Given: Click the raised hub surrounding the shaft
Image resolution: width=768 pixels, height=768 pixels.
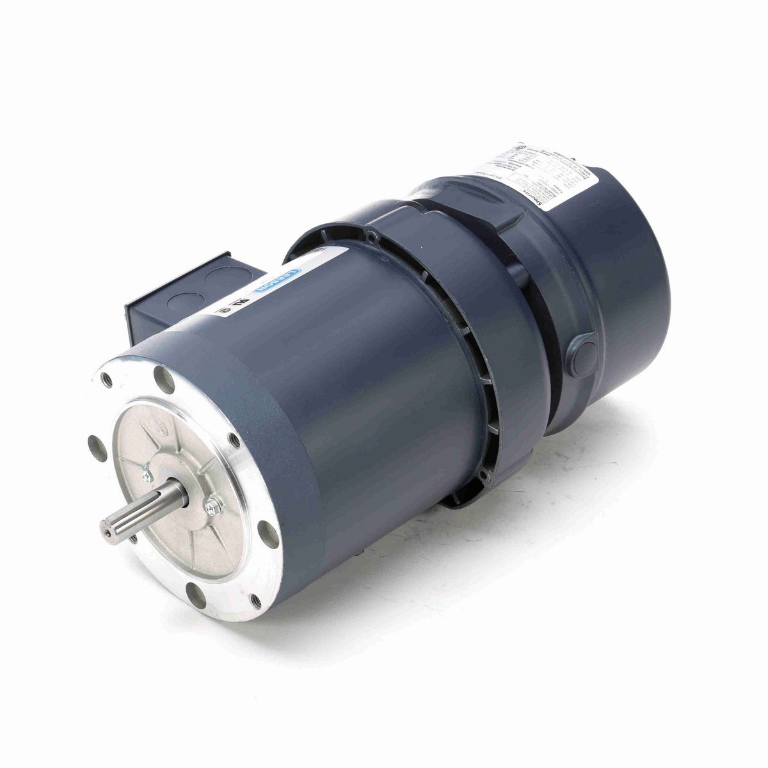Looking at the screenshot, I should (172, 493).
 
